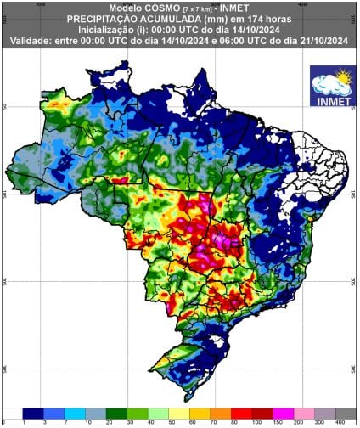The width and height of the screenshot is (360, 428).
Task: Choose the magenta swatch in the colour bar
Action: pyautogui.click(x=283, y=412)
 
